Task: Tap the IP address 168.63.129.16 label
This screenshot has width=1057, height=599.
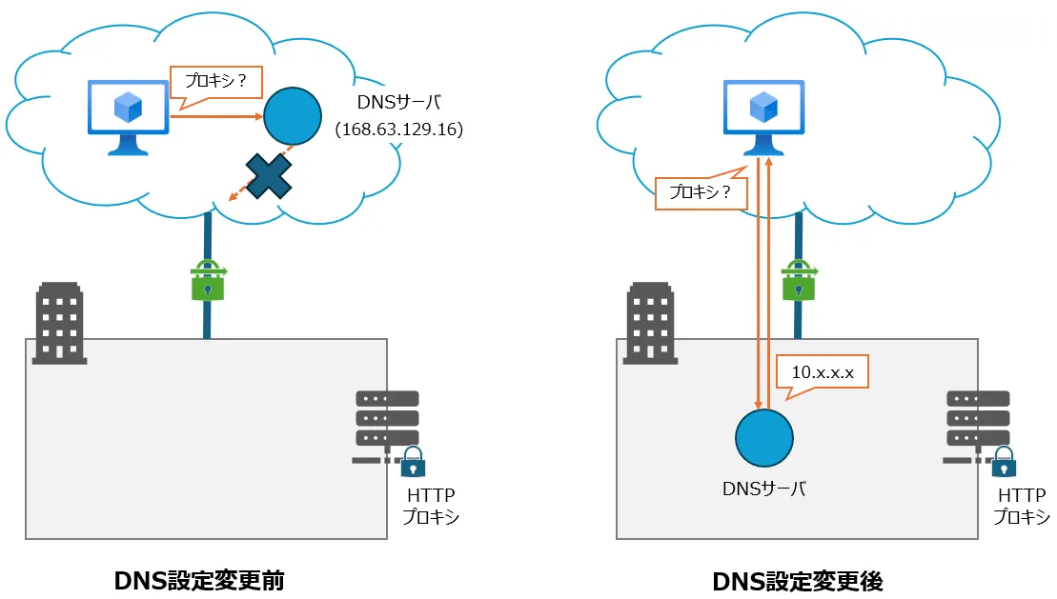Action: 398,129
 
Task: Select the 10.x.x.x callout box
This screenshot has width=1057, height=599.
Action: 823,373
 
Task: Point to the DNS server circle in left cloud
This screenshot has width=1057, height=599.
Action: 292,116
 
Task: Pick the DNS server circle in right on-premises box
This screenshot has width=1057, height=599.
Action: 763,437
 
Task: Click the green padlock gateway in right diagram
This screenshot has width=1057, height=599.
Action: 798,281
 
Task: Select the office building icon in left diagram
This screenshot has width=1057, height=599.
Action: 60,323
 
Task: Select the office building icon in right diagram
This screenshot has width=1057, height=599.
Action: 651,323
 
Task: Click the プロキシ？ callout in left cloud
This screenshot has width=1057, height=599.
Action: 214,82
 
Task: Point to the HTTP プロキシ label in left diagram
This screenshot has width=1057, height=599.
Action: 430,507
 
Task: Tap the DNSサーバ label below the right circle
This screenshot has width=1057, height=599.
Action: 763,489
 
